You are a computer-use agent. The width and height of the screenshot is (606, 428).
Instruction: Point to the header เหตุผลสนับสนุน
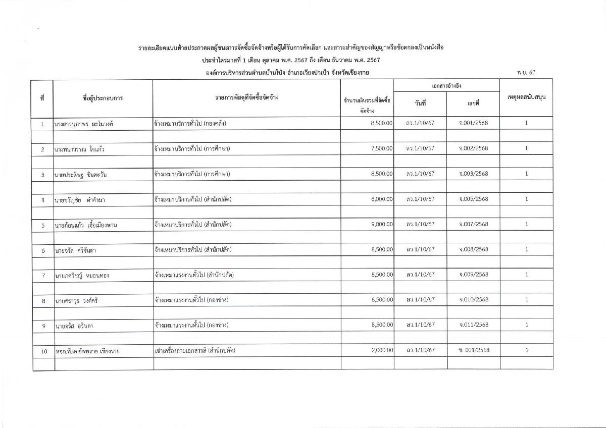pos(526,96)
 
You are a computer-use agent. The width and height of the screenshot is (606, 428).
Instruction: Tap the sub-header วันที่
pos(420,103)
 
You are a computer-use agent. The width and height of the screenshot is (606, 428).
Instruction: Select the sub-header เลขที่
pos(473,103)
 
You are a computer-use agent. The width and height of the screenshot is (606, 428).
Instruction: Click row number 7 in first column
pos(43,276)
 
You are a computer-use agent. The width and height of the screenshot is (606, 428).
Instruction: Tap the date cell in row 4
pos(420,199)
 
